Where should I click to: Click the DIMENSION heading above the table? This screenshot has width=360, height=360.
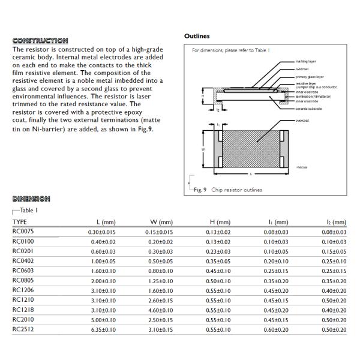(31, 199)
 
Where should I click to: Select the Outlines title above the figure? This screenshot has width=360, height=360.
(197, 36)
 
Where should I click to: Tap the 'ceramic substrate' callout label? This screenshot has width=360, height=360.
(310, 109)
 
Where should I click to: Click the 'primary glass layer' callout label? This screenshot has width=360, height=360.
(310, 77)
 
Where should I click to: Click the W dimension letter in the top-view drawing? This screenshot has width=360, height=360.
(202, 149)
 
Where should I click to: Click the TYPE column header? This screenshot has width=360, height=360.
(20, 222)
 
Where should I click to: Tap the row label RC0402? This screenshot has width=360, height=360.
(23, 261)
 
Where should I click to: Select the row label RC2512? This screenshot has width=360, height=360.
(23, 329)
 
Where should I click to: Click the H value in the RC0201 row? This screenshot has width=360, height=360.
(218, 251)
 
